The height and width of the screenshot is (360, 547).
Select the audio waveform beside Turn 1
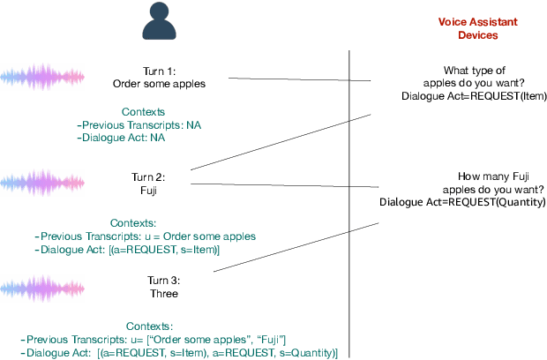(x=40, y=78)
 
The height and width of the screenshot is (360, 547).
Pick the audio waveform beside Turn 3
(x=41, y=287)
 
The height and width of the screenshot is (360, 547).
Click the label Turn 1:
(x=160, y=71)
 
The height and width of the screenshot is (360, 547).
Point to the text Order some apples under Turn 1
(x=160, y=84)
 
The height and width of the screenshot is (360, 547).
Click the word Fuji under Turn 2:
(x=160, y=189)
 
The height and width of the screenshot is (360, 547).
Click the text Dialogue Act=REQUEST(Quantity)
(x=462, y=202)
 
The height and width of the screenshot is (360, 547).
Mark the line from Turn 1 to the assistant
(x=300, y=80)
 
